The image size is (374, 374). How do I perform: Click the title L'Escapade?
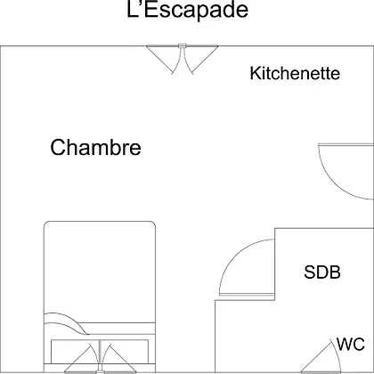tap(187, 10)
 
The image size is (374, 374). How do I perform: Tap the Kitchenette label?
tap(295, 73)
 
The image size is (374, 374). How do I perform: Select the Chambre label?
tap(95, 147)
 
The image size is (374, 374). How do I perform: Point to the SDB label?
tap(322, 272)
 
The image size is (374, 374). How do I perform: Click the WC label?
tap(351, 345)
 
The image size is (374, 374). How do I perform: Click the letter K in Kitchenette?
tap(255, 73)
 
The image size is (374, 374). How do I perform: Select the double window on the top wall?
tap(183, 59)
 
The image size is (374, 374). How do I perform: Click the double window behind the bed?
tap(101, 359)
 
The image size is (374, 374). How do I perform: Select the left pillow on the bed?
tap(75, 352)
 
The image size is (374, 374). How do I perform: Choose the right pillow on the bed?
tap(124, 352)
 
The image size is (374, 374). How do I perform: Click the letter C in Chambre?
tap(58, 147)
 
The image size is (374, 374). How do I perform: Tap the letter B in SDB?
tap(335, 272)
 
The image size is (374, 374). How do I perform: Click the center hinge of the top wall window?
tap(183, 45)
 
